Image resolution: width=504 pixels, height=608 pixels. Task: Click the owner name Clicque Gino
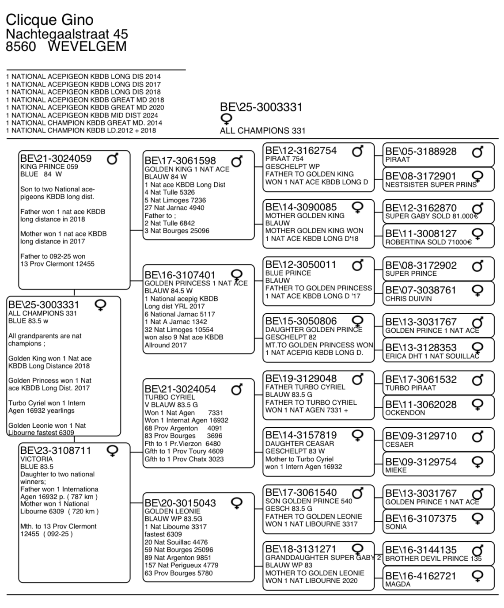(49, 20)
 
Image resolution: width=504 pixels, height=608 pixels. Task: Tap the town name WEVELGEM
(87, 46)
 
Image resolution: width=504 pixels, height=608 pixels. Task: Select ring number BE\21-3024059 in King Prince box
(56, 158)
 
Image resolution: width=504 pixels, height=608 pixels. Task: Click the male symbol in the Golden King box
(237, 161)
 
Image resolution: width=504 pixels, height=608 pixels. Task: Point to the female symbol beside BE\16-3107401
(237, 275)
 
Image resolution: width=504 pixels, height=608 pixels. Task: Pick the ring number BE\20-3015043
(180, 503)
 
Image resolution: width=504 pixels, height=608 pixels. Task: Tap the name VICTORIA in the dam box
(37, 459)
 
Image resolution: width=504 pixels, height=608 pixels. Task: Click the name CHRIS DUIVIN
(409, 299)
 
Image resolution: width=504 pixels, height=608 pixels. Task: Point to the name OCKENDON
(405, 413)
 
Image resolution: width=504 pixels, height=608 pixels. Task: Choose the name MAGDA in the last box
(398, 584)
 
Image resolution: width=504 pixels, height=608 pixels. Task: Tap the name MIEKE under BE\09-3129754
(396, 470)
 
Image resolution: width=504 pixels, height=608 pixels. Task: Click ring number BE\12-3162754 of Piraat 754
(301, 151)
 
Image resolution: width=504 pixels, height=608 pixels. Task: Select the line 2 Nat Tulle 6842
(170, 223)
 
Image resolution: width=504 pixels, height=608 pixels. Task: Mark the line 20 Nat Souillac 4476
(176, 542)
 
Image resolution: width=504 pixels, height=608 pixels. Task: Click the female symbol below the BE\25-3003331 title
(226, 119)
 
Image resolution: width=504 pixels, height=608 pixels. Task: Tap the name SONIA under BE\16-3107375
(396, 527)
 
